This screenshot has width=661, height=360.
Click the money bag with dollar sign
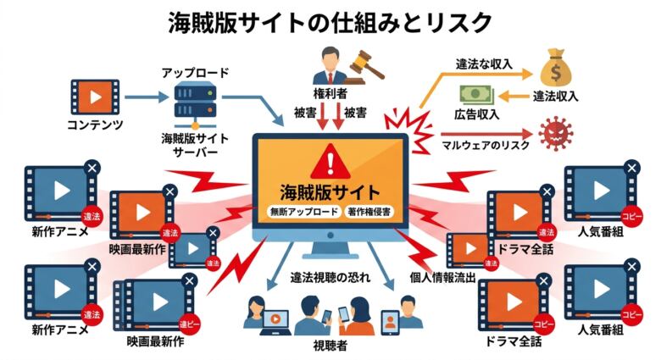[557, 65]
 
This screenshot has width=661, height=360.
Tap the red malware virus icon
[557, 135]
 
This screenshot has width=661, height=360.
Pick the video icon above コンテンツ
[94, 99]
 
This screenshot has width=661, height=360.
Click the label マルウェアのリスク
[486, 147]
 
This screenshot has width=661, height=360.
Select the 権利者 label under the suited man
[330, 91]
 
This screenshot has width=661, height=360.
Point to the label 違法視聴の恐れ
[330, 277]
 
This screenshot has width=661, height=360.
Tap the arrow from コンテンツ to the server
[145, 99]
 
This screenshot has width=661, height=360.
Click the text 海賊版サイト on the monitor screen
[330, 191]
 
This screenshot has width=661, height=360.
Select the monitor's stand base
[330, 252]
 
